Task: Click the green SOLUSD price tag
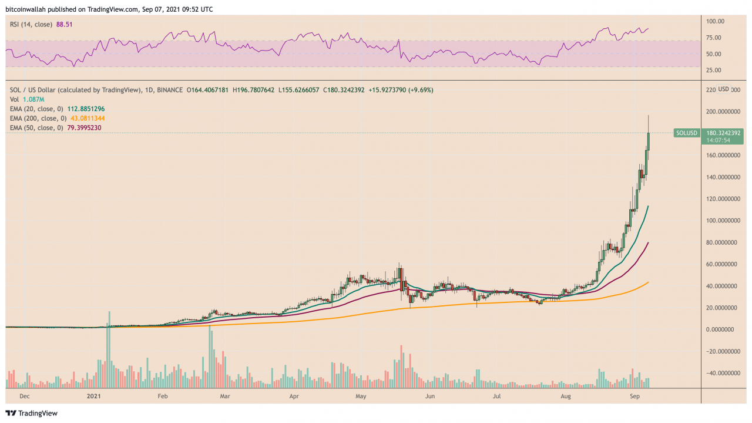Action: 686,133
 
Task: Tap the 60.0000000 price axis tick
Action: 722,264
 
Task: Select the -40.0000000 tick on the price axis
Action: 722,373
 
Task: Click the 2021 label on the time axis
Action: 94,397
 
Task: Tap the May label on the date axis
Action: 361,397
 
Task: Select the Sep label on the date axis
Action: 630,397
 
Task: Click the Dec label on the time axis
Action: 25,397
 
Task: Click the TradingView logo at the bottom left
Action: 32,413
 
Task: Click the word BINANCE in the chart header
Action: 169,90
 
